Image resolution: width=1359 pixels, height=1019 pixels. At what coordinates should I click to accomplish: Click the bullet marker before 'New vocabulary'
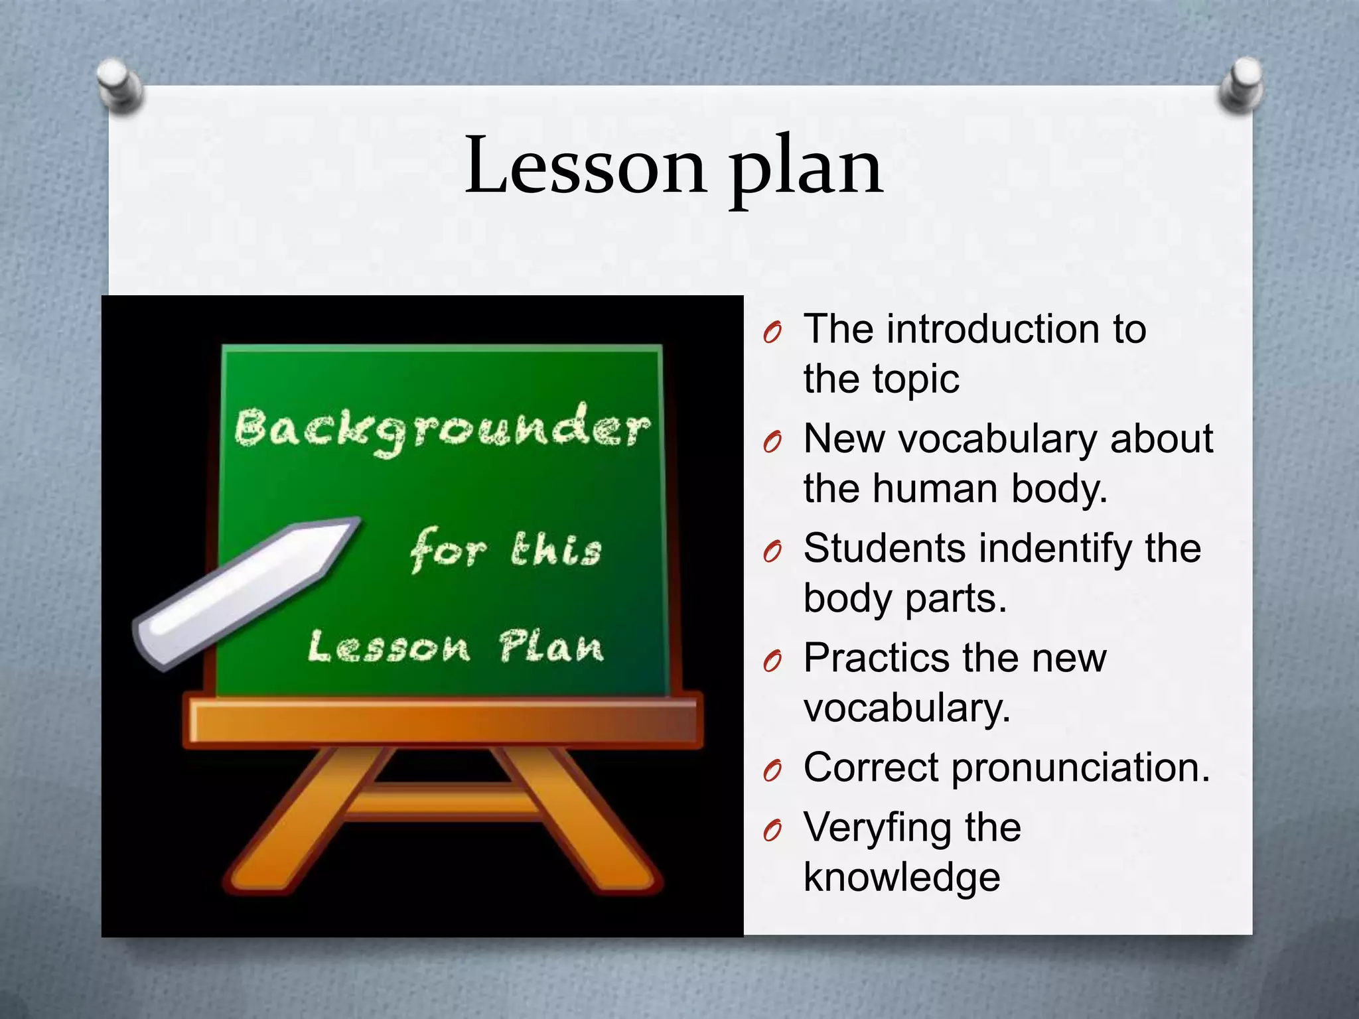772,442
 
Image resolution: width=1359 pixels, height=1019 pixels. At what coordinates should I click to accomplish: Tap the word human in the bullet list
935,489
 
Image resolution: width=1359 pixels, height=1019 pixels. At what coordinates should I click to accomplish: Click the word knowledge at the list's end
902,877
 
